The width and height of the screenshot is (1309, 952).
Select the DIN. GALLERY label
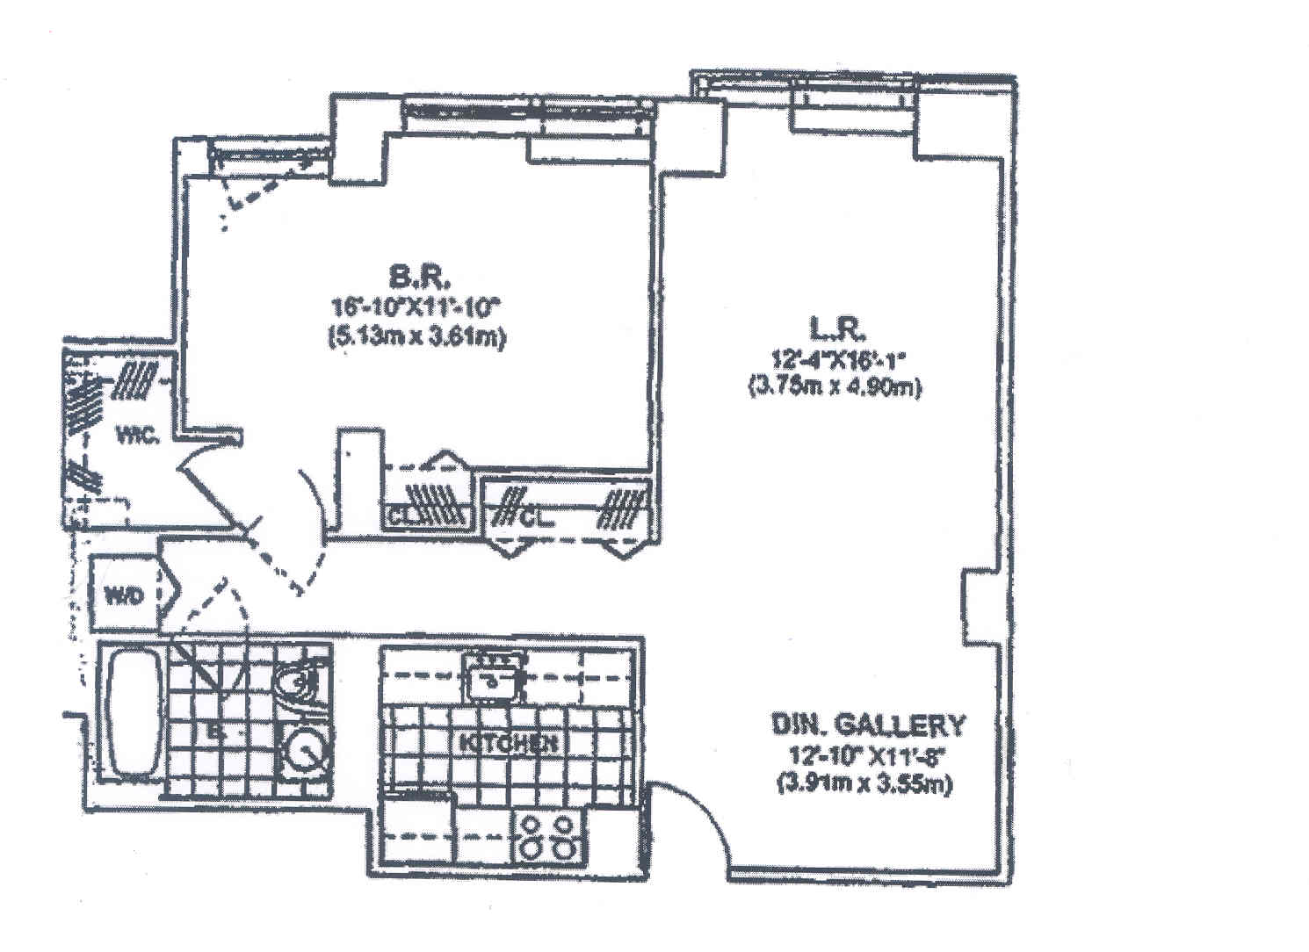click(867, 725)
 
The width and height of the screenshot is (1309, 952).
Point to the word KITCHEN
click(509, 742)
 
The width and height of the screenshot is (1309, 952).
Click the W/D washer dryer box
click(123, 595)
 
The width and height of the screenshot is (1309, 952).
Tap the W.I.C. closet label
click(139, 434)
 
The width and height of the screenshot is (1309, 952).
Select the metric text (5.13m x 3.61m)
click(416, 338)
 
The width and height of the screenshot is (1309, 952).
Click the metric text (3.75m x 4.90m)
click(835, 386)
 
